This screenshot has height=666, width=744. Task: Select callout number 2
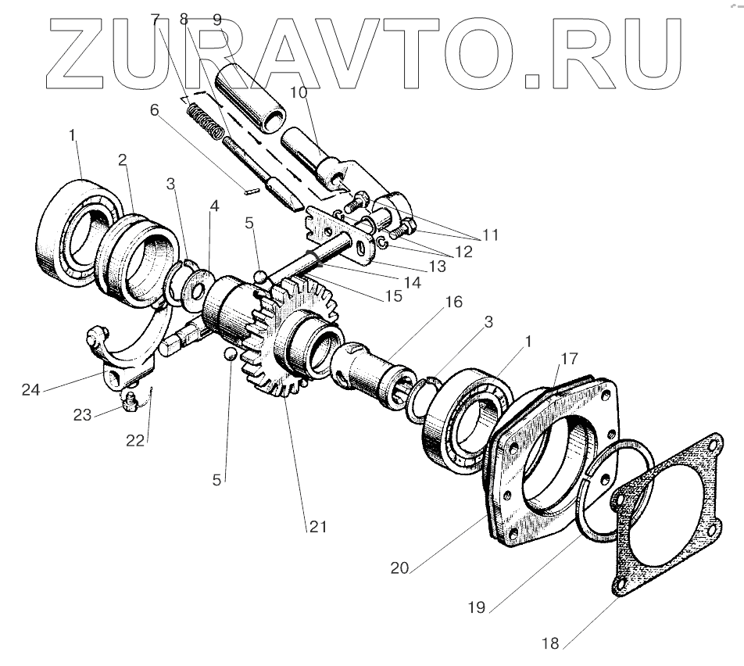click(123, 159)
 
